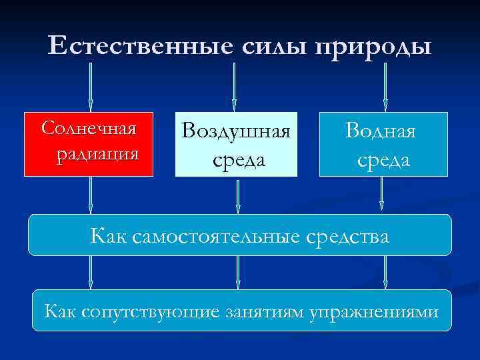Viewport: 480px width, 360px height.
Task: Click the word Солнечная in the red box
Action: (x=89, y=128)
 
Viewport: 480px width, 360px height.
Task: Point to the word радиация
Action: (x=97, y=155)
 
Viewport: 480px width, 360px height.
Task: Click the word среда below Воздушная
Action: (x=239, y=160)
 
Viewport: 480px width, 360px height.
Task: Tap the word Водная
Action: (x=381, y=131)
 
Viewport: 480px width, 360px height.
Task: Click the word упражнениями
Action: (x=374, y=311)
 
